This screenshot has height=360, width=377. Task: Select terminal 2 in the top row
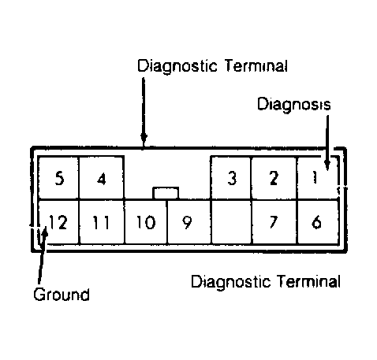click(274, 177)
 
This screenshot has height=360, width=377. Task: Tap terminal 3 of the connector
click(231, 177)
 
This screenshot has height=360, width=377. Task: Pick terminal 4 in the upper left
click(101, 177)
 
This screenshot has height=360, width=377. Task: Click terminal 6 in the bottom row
click(317, 221)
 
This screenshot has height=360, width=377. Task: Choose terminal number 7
click(274, 221)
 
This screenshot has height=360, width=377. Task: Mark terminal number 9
click(187, 221)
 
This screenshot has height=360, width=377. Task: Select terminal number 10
click(144, 221)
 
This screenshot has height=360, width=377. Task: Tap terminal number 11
click(101, 221)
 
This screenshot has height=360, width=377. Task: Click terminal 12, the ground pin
click(58, 221)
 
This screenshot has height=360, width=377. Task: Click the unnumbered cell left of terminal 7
click(230, 221)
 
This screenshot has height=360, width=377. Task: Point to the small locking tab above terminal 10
click(166, 192)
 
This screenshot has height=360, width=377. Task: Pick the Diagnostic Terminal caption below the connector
click(267, 280)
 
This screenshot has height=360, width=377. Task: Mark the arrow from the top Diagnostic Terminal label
click(144, 110)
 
